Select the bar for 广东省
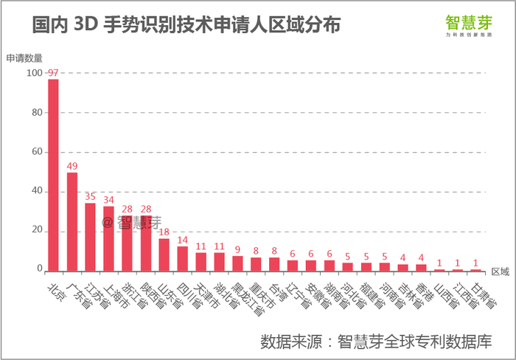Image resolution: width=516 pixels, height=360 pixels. tap(72, 221)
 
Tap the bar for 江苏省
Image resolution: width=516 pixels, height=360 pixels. tap(90, 236)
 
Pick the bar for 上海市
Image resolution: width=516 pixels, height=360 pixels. tap(108, 238)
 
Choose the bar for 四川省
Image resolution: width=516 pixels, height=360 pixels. tap(182, 258)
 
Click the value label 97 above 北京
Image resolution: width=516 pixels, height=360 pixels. tap(53, 73)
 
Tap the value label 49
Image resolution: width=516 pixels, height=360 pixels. tap(72, 166)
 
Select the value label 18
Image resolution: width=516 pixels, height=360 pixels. tap(164, 232)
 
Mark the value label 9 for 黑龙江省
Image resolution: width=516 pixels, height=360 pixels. tap(237, 250)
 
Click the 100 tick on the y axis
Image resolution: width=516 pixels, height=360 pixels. tap(33, 73)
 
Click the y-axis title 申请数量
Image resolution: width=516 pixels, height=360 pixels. tap(24, 58)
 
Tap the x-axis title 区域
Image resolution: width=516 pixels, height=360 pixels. tap(500, 271)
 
